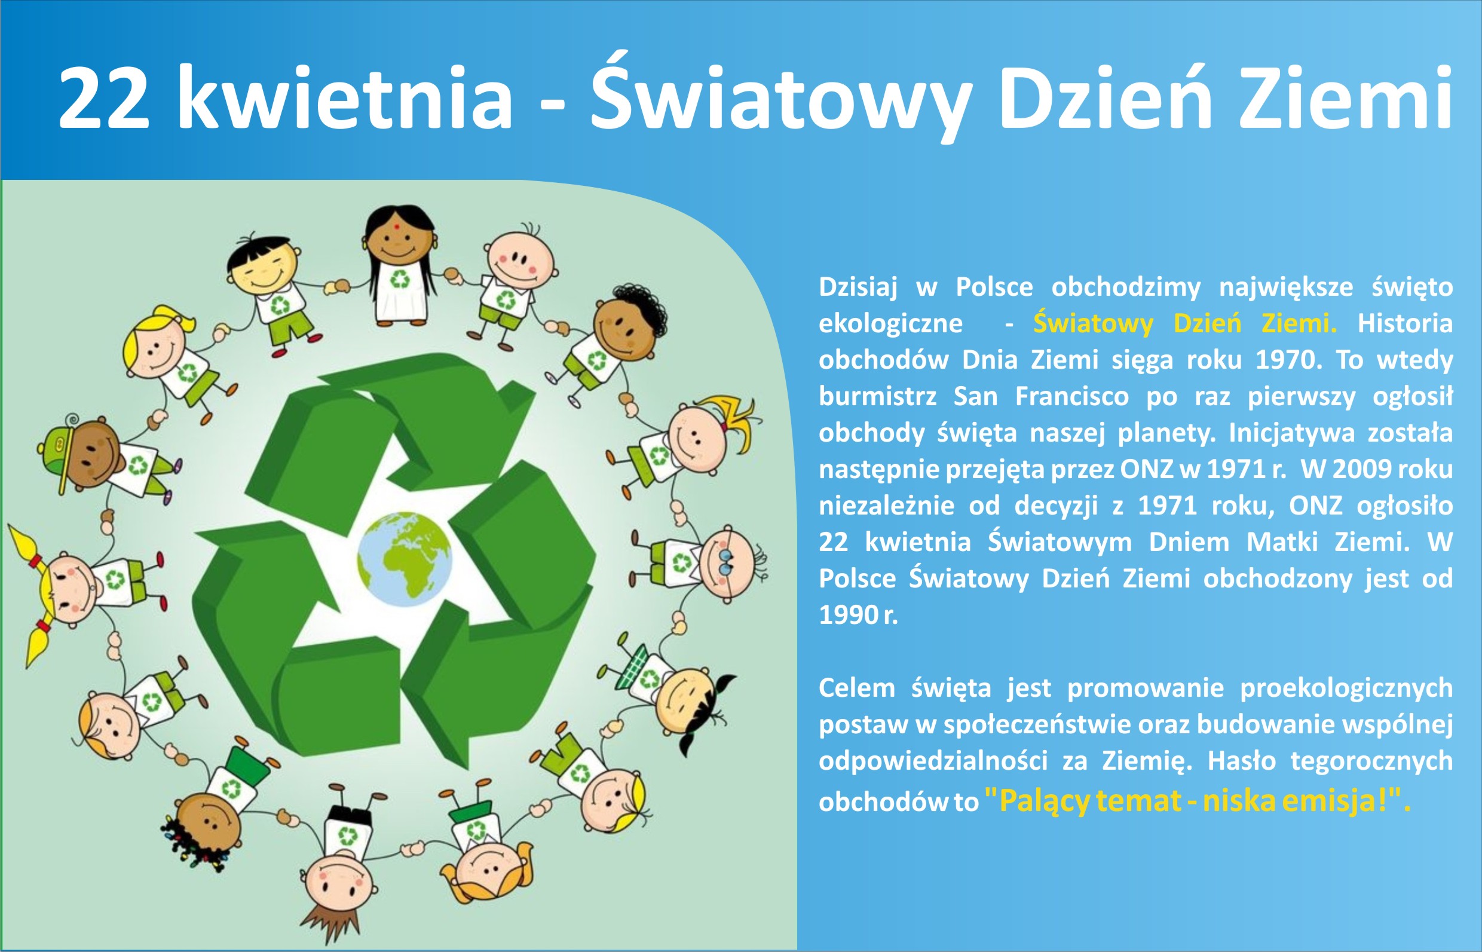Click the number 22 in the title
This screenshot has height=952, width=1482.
tap(105, 97)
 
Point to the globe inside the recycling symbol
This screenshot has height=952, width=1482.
tap(405, 559)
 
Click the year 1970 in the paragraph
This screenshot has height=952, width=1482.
tap(1283, 360)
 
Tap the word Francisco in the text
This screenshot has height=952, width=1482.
tap(1071, 397)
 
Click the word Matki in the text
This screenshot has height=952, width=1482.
tap(1283, 542)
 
